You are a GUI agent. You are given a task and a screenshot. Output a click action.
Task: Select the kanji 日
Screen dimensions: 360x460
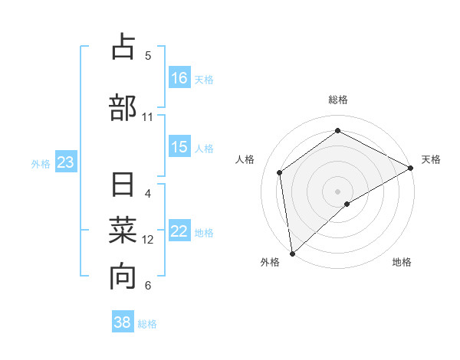pyautogui.click(x=123, y=185)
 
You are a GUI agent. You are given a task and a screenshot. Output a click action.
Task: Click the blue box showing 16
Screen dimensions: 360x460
pyautogui.click(x=179, y=77)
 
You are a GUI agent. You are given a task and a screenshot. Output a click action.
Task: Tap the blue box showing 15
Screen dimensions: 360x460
pyautogui.click(x=179, y=147)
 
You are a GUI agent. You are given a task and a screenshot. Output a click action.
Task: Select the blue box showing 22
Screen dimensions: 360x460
pyautogui.click(x=179, y=232)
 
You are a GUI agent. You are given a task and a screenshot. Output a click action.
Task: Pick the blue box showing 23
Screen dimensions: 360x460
pyautogui.click(x=65, y=162)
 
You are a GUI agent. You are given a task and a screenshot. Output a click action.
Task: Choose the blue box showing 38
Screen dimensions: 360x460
pyautogui.click(x=123, y=322)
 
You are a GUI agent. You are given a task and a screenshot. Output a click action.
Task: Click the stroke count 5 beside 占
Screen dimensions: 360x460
pyautogui.click(x=148, y=55)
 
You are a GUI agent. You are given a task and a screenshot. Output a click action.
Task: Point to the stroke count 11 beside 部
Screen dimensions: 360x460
pyautogui.click(x=148, y=117)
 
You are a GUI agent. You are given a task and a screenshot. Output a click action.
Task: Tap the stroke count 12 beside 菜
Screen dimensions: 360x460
pyautogui.click(x=148, y=240)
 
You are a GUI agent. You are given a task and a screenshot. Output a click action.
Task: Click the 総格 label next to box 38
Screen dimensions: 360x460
pyautogui.click(x=147, y=324)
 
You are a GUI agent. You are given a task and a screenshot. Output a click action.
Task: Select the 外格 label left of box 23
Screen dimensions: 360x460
pyautogui.click(x=41, y=163)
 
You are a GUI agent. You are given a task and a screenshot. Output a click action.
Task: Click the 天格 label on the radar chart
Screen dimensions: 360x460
pyautogui.click(x=431, y=159)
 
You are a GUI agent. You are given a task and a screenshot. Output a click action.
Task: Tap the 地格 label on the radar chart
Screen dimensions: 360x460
pyautogui.click(x=402, y=262)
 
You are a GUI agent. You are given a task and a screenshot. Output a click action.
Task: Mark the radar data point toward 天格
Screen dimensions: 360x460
pyautogui.click(x=411, y=168)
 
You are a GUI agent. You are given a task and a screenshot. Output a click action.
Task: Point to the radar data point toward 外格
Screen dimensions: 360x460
pyautogui.click(x=291, y=253)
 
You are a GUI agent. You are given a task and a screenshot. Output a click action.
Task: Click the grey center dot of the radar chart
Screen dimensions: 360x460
pyautogui.click(x=337, y=191)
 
